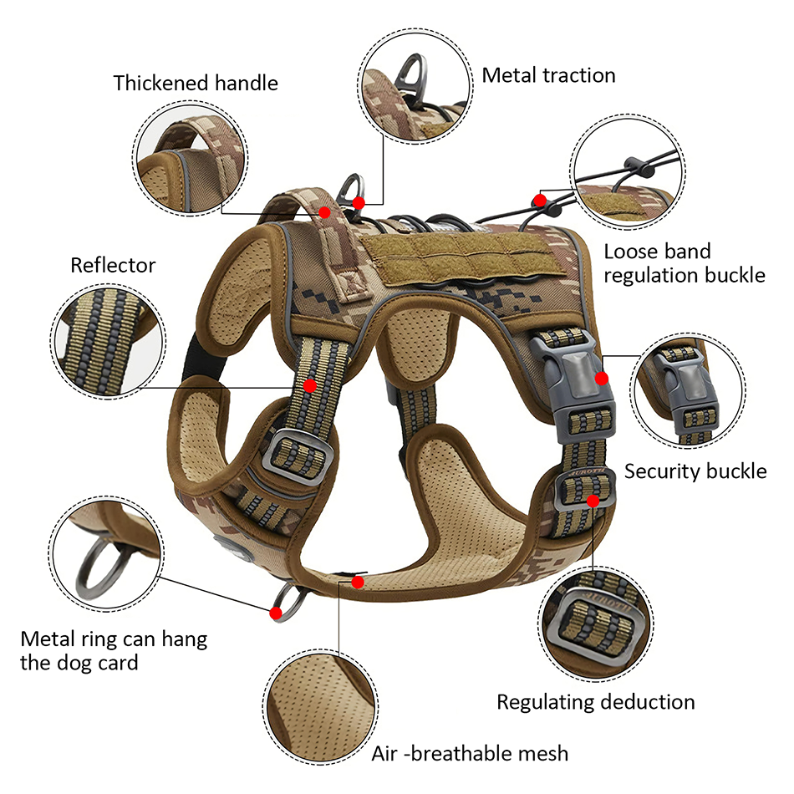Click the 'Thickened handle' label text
click(196, 84)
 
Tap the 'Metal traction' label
click(548, 75)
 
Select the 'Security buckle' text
click(695, 471)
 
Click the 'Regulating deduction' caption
click(595, 701)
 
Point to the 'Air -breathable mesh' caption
click(470, 753)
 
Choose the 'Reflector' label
click(113, 266)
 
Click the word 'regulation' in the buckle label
click(654, 274)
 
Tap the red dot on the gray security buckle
click(600, 379)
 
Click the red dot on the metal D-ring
click(359, 202)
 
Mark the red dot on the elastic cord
click(540, 200)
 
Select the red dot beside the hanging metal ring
click(275, 613)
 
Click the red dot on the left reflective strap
click(310, 385)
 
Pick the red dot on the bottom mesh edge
click(358, 582)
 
